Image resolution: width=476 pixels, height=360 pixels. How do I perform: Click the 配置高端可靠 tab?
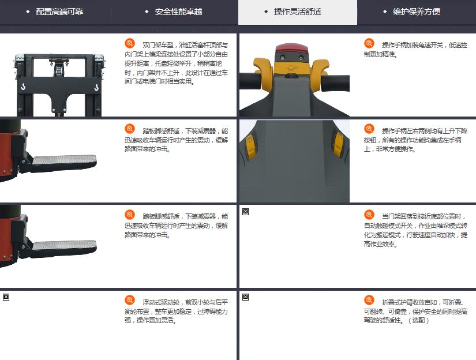59,12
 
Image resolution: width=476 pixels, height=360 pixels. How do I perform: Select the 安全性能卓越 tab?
178,12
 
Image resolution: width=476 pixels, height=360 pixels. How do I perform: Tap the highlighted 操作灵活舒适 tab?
298,12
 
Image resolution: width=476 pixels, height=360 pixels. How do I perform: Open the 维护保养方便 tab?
417,12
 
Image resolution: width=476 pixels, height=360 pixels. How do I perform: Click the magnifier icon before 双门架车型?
130,43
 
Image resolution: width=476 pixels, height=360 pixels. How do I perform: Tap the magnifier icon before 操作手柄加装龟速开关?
369,43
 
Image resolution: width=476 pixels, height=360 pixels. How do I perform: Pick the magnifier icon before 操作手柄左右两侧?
369,129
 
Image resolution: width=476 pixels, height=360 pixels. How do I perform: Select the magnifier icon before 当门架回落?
369,214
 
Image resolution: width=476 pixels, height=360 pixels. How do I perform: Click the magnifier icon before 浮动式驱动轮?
130,300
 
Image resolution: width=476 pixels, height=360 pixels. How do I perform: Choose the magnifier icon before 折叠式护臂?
369,300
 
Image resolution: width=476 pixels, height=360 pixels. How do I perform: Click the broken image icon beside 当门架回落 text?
246,212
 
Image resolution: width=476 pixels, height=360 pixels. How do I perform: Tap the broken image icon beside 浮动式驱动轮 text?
6,297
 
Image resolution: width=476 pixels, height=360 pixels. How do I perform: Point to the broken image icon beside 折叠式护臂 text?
246,297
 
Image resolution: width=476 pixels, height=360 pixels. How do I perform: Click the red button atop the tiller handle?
291,48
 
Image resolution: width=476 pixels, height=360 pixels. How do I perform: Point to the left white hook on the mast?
23,87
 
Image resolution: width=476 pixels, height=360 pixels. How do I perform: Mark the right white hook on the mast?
96,88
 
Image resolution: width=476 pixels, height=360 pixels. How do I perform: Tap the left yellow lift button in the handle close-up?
250,147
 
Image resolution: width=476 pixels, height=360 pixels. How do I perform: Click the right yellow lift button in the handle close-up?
338,144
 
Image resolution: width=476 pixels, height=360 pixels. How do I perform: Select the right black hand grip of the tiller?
335,82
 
